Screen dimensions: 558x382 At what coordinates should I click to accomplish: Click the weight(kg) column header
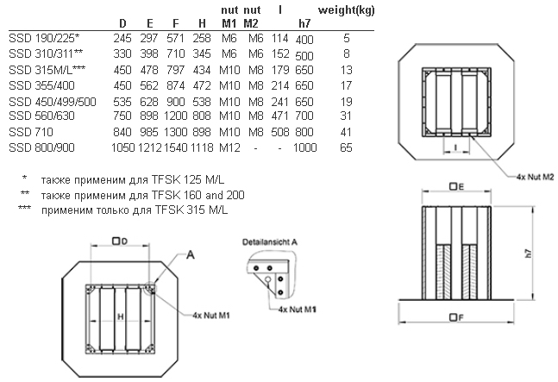coord(346,10)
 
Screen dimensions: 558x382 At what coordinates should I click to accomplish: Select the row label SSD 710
coord(31,132)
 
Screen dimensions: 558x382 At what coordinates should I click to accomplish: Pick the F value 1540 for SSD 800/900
coord(176,147)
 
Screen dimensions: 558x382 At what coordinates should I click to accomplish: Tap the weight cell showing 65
coord(346,147)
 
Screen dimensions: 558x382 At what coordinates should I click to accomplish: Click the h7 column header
coord(304,23)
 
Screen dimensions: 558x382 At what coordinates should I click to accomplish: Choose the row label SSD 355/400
coord(41,85)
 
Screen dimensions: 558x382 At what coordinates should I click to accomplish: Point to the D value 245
coord(122,38)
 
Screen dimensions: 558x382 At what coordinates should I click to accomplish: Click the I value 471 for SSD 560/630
coord(280,116)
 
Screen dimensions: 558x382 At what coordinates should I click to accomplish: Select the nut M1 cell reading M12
coord(229,147)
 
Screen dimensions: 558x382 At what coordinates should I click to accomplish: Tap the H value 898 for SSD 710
coord(202,132)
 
